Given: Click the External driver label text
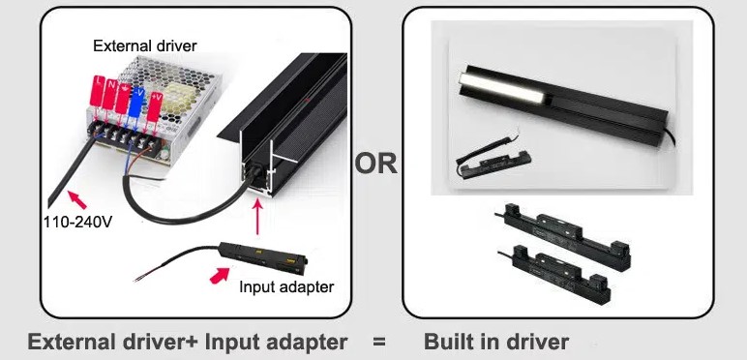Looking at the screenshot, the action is [x=145, y=46].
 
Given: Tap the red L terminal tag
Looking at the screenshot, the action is [x=98, y=90].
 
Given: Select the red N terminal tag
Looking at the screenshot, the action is [x=110, y=93].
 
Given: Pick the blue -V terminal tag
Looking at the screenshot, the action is [x=137, y=102].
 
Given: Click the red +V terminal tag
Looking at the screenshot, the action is [x=155, y=106].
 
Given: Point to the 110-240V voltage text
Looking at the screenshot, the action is [x=78, y=222].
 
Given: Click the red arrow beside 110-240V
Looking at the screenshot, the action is [x=77, y=199].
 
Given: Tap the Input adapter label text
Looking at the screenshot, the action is [x=286, y=287].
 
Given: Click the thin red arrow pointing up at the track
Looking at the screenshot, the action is [x=257, y=217].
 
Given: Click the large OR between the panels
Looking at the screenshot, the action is [x=375, y=164].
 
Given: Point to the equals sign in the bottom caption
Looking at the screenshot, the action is [x=379, y=342].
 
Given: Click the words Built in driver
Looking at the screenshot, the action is [x=496, y=342].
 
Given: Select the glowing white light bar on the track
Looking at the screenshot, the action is [x=501, y=89].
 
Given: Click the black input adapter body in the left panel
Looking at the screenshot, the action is [x=263, y=256].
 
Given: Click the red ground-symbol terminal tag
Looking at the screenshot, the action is [x=123, y=99].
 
